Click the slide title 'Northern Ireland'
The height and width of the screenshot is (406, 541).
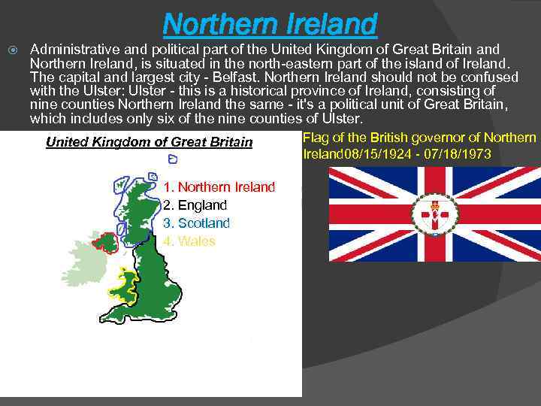click(269, 24)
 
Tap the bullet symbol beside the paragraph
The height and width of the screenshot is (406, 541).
click(10, 50)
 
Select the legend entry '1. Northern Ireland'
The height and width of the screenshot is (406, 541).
click(219, 186)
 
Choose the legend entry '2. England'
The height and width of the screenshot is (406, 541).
click(195, 205)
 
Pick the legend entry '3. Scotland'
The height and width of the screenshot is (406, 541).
click(196, 223)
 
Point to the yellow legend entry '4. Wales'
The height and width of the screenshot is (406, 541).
click(189, 241)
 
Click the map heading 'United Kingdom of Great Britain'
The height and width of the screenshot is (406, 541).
click(150, 142)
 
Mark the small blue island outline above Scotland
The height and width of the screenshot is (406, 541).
click(173, 160)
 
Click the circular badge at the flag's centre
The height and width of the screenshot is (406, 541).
click(434, 214)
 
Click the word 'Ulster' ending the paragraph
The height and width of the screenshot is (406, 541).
click(343, 119)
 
